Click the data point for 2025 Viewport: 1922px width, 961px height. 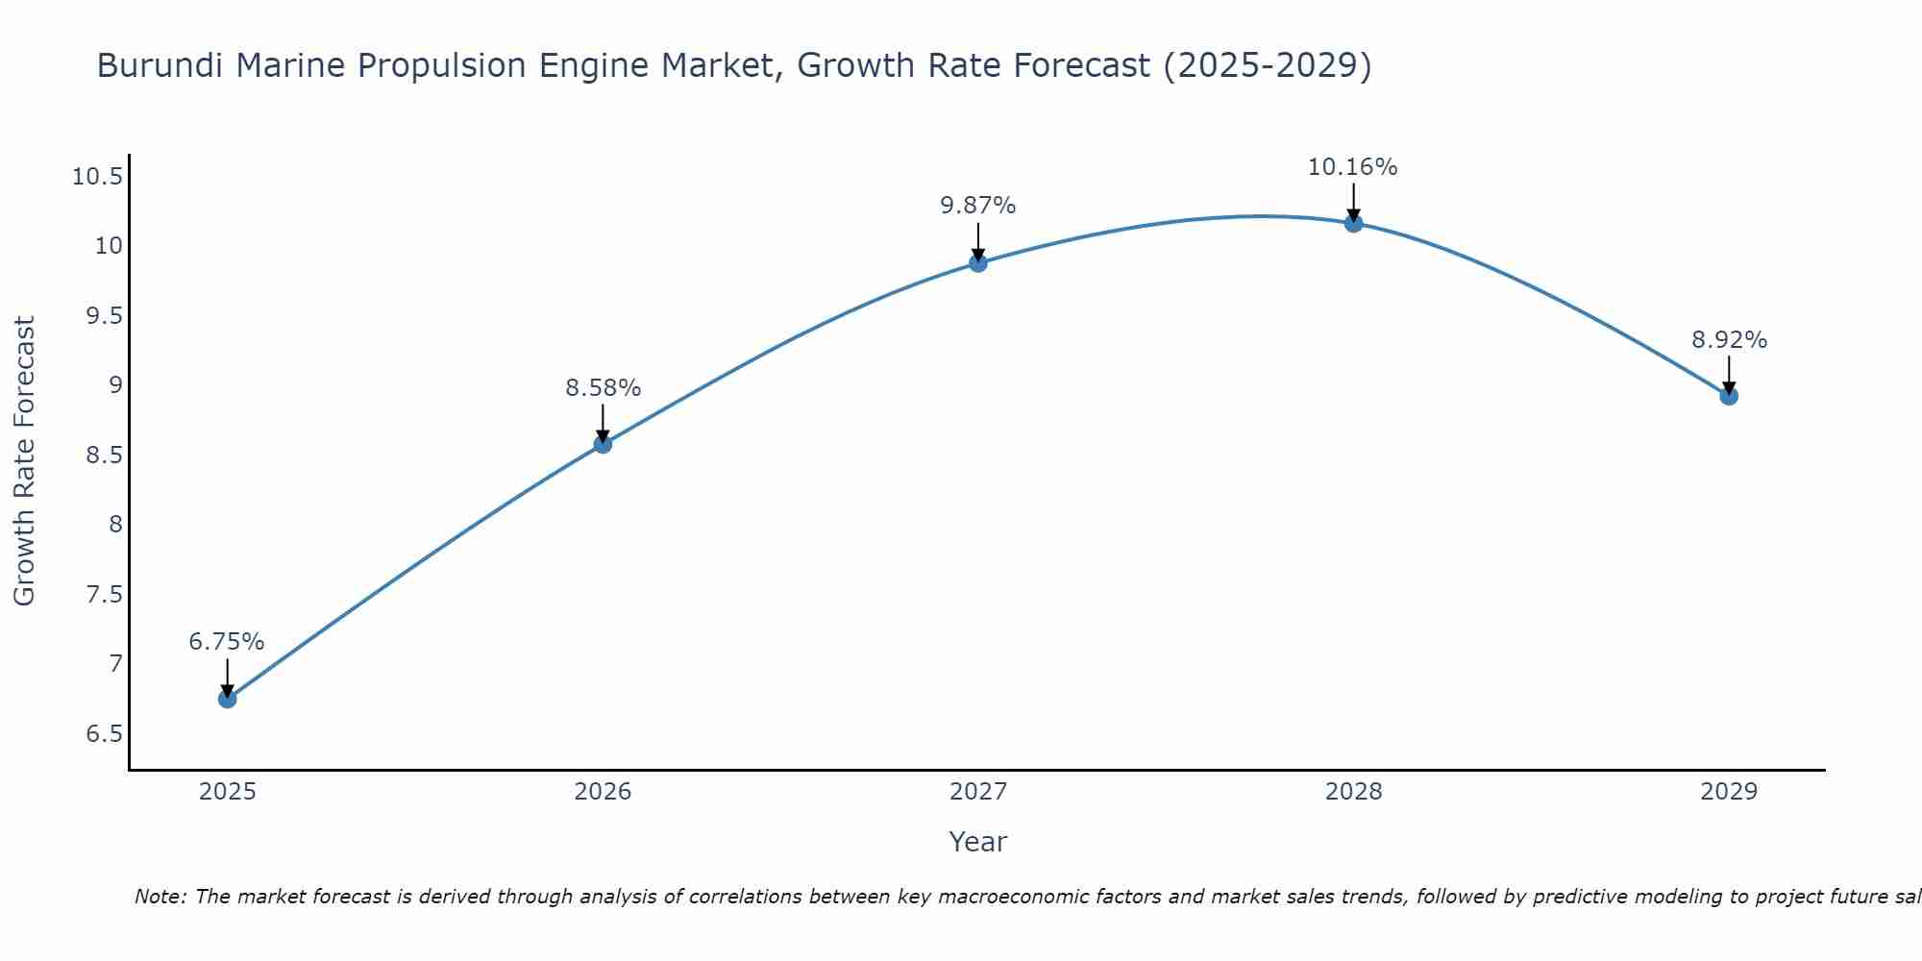[x=228, y=699]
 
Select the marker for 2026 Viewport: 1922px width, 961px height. [x=603, y=444]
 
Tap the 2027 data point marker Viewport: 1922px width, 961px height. [x=978, y=262]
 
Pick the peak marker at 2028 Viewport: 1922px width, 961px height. [x=1353, y=224]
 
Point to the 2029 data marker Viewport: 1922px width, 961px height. [x=1729, y=396]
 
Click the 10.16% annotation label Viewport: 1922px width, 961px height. [x=1352, y=167]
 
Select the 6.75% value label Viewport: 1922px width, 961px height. [x=227, y=642]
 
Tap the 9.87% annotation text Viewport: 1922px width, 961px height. [x=977, y=206]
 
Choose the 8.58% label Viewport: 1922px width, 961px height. [x=603, y=388]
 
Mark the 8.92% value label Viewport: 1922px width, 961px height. [x=1729, y=340]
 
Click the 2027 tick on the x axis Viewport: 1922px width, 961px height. [x=978, y=792]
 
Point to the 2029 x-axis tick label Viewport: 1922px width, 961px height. [x=1729, y=792]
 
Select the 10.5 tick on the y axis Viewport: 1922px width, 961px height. [x=97, y=177]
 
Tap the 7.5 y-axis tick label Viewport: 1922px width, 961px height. [x=104, y=595]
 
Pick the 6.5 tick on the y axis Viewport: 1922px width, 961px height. [x=104, y=734]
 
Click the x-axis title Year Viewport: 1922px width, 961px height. [x=977, y=842]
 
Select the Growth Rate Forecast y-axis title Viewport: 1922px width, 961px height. [x=24, y=461]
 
